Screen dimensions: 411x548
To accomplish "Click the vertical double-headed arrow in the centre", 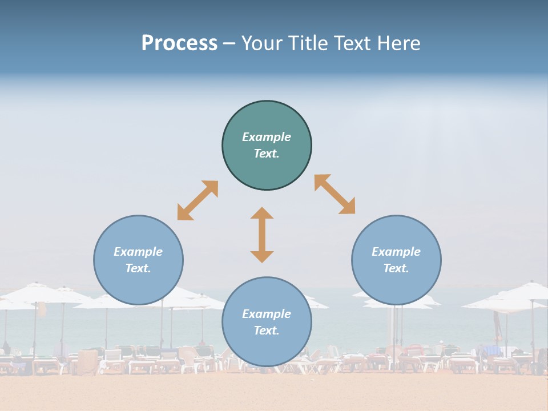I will tap(262, 235).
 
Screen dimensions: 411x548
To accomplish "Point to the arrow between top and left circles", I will tap(198, 200).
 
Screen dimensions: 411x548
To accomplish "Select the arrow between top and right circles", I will tap(335, 194).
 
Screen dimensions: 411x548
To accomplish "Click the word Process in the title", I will tap(179, 43).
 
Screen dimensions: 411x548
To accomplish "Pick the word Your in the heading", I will tap(262, 43).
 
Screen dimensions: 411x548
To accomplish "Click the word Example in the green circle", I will tap(267, 137).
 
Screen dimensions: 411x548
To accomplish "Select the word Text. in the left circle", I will tap(138, 268).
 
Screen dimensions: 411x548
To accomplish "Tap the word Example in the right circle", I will tap(396, 252).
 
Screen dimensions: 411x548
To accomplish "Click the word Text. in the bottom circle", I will tap(267, 331).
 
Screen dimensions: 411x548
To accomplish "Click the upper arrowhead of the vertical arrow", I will tap(262, 213).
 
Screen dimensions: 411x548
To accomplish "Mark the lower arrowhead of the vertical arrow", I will tap(262, 256).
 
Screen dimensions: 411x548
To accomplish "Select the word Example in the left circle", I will tap(138, 252).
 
